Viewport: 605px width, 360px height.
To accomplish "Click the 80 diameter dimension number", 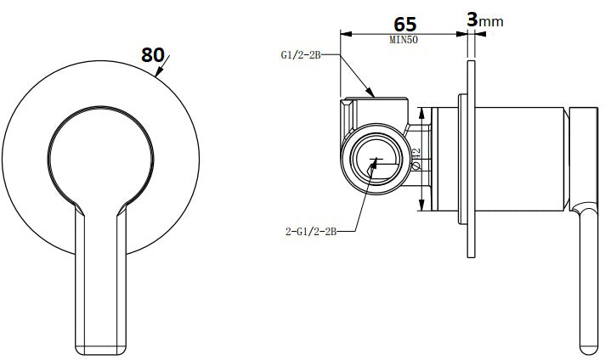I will tap(153, 54).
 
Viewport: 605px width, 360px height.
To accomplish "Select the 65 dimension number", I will tap(405, 24).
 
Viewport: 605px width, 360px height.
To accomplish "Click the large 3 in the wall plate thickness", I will tap(472, 19).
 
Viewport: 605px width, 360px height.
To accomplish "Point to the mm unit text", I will tap(491, 20).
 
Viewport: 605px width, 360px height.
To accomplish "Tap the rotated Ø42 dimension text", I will tap(416, 159).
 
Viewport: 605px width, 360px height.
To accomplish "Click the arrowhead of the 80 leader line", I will tap(158, 76).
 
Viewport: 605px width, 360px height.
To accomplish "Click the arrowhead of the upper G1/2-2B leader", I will tap(371, 93).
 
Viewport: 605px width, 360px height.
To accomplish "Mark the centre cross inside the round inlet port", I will tap(374, 160).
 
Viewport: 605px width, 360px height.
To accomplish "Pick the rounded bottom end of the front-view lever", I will tap(101, 349).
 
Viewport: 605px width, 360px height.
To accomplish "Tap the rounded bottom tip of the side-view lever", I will tap(587, 349).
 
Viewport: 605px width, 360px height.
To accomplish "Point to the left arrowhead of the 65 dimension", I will tap(343, 34).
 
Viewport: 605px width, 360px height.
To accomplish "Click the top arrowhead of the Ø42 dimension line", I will tap(422, 110).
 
